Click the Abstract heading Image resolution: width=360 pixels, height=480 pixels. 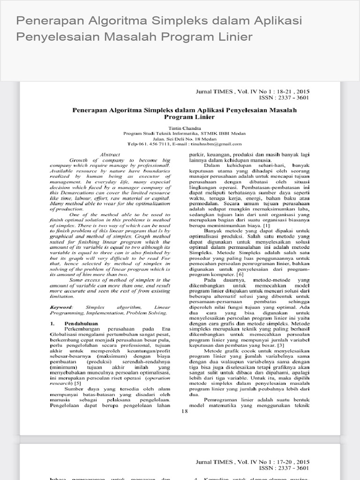click(110, 154)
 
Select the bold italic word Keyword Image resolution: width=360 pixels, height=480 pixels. click(61, 307)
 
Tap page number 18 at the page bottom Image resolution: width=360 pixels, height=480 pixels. click(184, 411)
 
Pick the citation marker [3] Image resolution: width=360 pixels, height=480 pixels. click(269, 345)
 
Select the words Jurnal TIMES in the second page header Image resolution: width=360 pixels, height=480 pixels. click(217, 461)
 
